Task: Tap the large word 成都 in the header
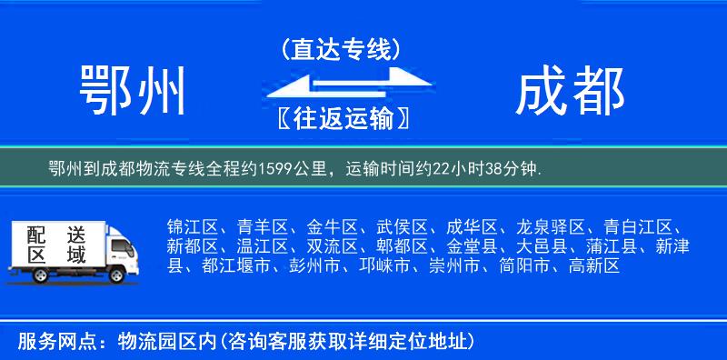pyautogui.click(x=570, y=92)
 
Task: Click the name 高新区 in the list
pyautogui.click(x=593, y=266)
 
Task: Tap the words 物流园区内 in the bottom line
pyautogui.click(x=163, y=342)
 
